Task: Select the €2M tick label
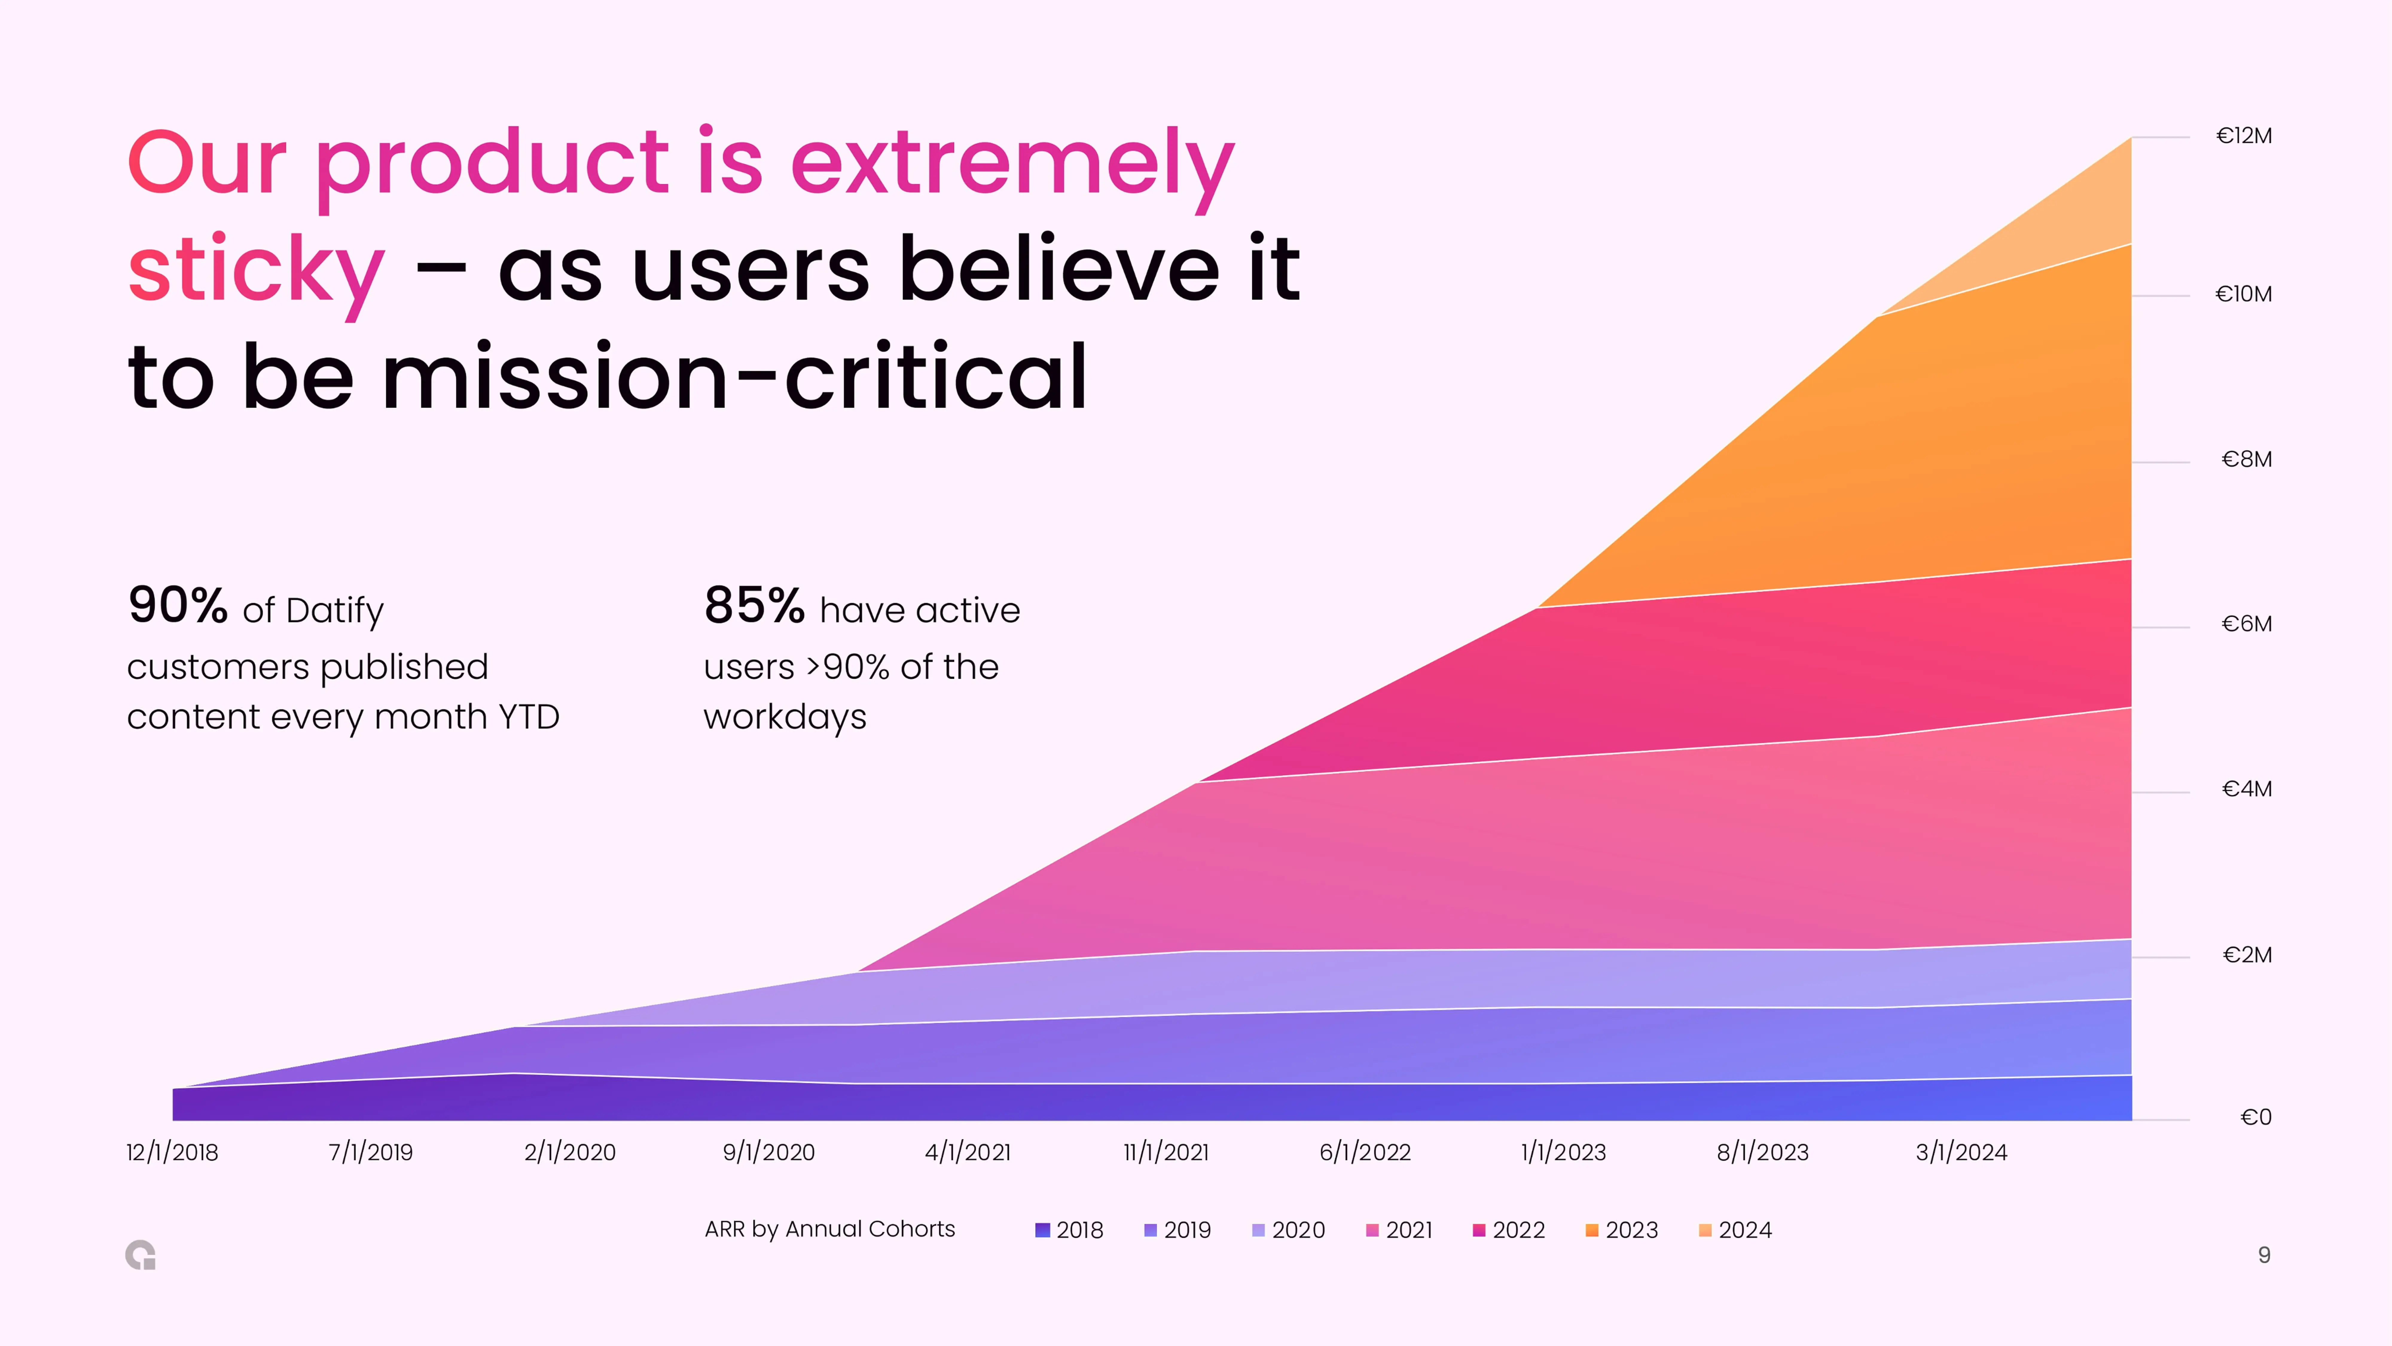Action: pyautogui.click(x=2247, y=955)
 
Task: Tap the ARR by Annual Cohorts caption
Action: pyautogui.click(x=829, y=1229)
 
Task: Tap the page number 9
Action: pyautogui.click(x=2264, y=1255)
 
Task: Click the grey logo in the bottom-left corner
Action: pyautogui.click(x=140, y=1255)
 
